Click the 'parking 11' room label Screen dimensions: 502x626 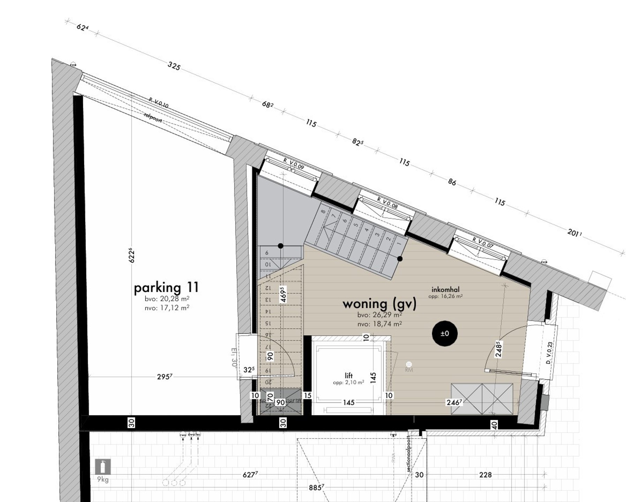pos(166,288)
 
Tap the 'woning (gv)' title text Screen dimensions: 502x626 pos(379,304)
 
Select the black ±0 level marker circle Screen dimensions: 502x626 pos(445,334)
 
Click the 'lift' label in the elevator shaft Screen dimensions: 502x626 pos(348,375)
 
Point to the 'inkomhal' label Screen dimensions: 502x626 pos(445,289)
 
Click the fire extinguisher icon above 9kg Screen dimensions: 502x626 pos(103,467)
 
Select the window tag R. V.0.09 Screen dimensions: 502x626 pos(294,164)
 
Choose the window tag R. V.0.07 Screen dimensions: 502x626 pos(483,243)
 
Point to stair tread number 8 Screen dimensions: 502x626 pos(323,211)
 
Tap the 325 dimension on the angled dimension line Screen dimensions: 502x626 pos(174,66)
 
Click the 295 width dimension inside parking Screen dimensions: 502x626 pos(164,376)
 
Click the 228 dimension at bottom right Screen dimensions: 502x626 pos(485,475)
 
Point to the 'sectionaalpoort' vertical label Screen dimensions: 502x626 pos(409,454)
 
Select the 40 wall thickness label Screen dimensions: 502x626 pos(494,425)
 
